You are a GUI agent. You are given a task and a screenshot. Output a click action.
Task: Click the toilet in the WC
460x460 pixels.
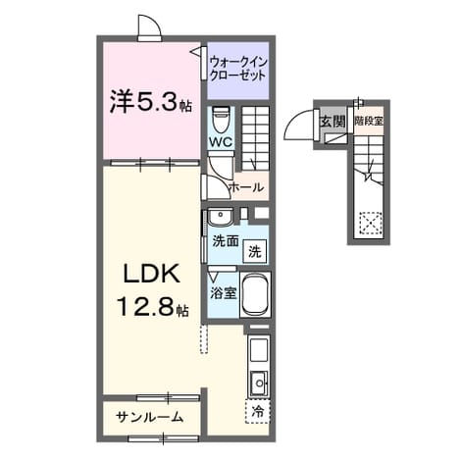point(221,120)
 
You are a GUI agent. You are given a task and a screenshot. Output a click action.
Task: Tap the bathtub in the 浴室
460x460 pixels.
point(256,293)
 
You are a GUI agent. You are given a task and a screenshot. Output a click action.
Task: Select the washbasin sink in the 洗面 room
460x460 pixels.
point(221,216)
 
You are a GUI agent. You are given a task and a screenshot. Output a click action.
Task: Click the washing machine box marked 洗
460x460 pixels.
point(255,251)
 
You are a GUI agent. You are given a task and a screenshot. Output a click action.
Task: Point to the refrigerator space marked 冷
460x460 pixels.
point(258,411)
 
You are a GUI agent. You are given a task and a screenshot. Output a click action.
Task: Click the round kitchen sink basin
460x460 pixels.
point(260,383)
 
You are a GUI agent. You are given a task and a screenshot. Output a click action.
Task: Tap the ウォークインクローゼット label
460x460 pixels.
point(239,69)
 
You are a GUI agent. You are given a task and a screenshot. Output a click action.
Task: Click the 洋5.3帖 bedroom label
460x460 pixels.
point(151,101)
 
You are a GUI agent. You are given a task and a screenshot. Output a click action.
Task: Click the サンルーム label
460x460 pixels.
point(149,417)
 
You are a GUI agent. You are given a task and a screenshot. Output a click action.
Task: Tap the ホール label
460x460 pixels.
point(246,187)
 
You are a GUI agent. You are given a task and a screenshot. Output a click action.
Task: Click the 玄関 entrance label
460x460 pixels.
point(332,122)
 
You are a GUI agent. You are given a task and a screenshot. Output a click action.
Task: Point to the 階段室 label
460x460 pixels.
point(369,121)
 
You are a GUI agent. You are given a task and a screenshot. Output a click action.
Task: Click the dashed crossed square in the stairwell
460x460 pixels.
point(371,223)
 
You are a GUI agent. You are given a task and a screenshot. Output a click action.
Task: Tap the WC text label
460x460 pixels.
point(221,142)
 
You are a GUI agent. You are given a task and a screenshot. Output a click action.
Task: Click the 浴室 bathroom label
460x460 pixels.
point(224,293)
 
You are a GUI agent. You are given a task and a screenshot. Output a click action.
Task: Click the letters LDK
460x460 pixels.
point(151,273)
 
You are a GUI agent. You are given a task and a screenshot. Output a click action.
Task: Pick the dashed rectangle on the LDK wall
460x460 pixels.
point(204,339)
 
